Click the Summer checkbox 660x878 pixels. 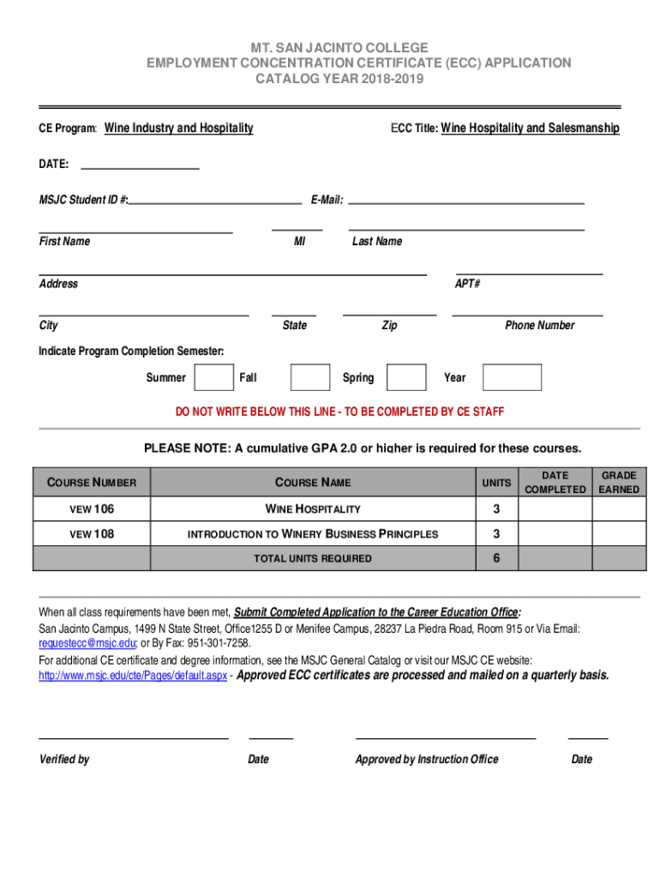click(213, 377)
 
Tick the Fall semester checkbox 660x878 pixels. click(309, 377)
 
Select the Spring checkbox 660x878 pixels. click(406, 377)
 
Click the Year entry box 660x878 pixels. click(512, 377)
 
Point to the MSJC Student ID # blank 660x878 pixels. click(215, 200)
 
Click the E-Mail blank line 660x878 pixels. click(466, 200)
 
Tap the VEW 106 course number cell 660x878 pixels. click(92, 509)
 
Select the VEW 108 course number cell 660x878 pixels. click(92, 533)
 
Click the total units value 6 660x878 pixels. click(496, 558)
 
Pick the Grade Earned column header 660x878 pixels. click(619, 482)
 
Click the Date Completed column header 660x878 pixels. click(555, 482)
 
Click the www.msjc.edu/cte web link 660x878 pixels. click(133, 676)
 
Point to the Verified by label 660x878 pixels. click(64, 759)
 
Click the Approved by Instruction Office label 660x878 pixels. click(427, 759)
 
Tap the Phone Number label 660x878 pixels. click(539, 325)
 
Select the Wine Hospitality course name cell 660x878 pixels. click(313, 509)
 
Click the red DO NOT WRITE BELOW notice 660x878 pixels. click(339, 412)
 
